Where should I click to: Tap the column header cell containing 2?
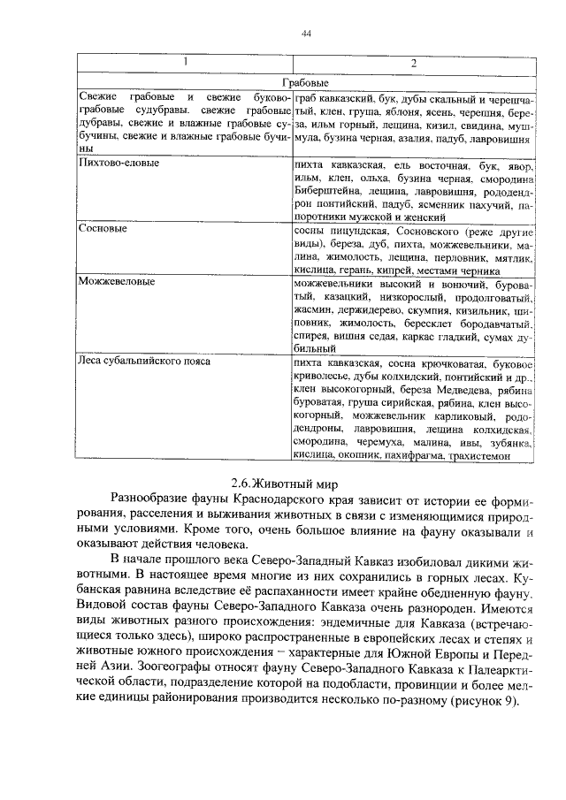click(x=413, y=62)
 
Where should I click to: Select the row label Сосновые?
click(x=103, y=229)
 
